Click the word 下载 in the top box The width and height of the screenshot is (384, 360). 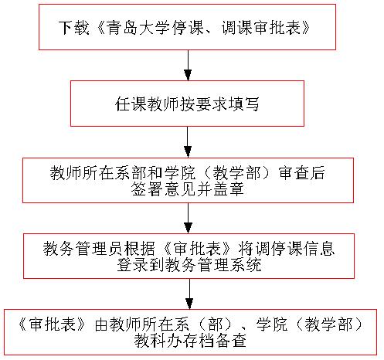pos(73,28)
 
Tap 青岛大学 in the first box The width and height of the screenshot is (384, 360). pos(138,28)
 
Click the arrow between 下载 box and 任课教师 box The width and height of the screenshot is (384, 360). pos(188,65)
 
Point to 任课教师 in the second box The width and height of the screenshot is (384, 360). pos(147,104)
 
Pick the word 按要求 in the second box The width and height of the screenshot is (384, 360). pos(204,104)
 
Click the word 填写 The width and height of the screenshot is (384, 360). pos(243,104)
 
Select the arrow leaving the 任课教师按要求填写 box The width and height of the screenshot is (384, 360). pos(188,142)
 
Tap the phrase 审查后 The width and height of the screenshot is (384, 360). pos(301,173)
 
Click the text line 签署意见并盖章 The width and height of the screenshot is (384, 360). pos(187,189)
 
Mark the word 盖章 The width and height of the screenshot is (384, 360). pos(228,189)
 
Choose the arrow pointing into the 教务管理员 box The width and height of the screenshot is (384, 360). pos(189,218)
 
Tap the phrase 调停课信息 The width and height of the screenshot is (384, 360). pos(294,249)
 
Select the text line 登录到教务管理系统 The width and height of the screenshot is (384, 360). pos(189,265)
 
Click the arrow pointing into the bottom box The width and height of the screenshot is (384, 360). pos(189,294)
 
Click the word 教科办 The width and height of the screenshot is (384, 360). pos(158,341)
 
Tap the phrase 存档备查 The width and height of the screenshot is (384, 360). pos(214,341)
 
